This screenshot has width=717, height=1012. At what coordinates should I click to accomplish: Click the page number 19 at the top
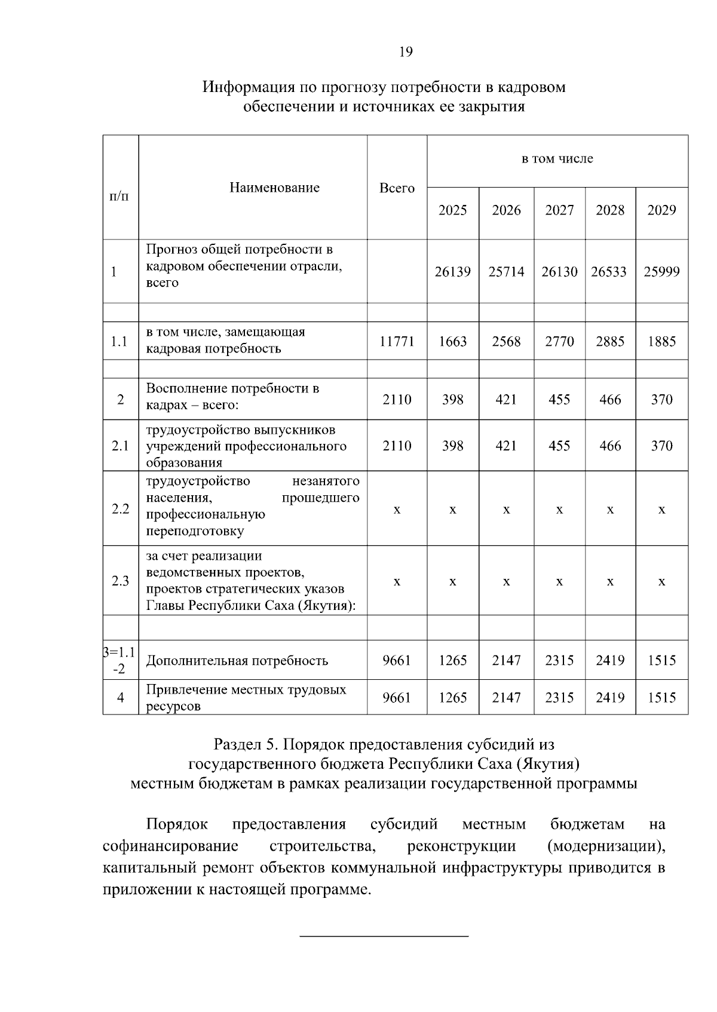405,52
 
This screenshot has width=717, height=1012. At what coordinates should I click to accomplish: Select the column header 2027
559,210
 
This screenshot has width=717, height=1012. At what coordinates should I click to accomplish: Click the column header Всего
397,188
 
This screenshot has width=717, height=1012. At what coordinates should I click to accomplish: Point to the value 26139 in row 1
452,272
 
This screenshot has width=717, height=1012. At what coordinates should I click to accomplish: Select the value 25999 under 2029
661,272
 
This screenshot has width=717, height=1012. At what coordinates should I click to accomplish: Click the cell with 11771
397,342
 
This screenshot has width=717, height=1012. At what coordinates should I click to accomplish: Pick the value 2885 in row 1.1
610,342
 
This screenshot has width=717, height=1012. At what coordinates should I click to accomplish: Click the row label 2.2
121,509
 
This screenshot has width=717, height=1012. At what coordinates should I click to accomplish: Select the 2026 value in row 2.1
506,446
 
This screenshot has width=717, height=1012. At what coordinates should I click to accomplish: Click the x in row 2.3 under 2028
610,581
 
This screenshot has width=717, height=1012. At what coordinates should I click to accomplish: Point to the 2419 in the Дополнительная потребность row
610,660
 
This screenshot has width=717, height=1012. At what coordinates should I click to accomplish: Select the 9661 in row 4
397,697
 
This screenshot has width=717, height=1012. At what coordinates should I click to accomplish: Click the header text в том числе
557,159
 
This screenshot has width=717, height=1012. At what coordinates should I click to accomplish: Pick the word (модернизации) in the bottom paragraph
605,847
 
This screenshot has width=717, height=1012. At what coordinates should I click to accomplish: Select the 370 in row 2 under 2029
661,400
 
